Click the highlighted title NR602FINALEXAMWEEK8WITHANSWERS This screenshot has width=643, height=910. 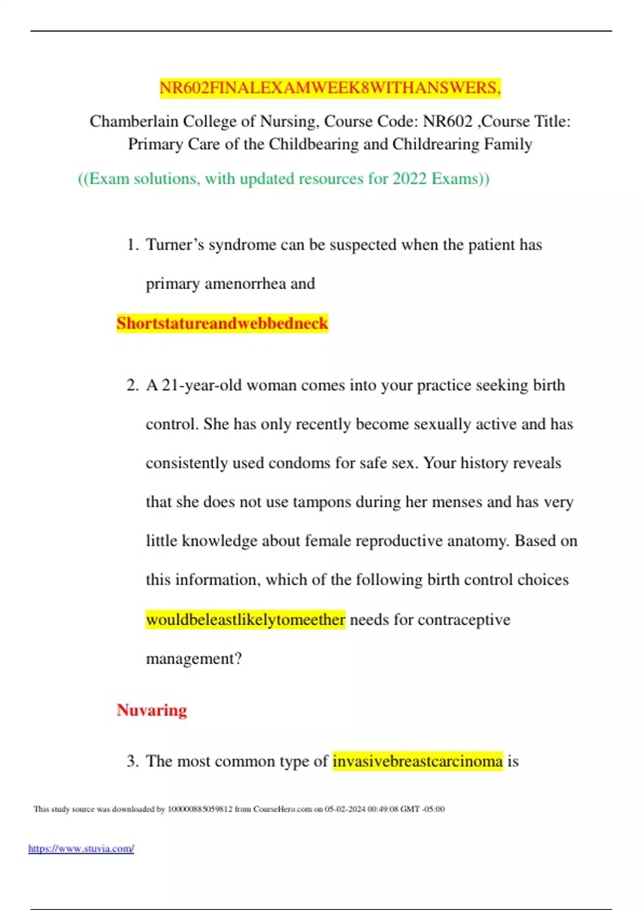pyautogui.click(x=330, y=88)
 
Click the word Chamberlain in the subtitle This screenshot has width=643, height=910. pyautogui.click(x=133, y=122)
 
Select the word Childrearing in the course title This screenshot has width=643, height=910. pyautogui.click(x=436, y=145)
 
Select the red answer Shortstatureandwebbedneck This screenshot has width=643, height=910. pyautogui.click(x=222, y=323)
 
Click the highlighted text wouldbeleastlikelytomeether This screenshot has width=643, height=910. pyautogui.click(x=245, y=620)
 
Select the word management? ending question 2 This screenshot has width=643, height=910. pyautogui.click(x=194, y=658)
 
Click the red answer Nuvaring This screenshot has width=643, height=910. pyautogui.click(x=152, y=710)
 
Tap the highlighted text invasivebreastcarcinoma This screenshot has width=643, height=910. pyautogui.click(x=417, y=761)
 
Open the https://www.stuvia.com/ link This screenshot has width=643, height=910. pyautogui.click(x=81, y=848)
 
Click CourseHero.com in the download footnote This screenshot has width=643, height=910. pyautogui.click(x=282, y=809)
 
